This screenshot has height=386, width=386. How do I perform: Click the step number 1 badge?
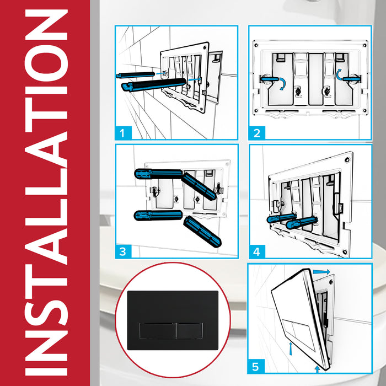point(125,132)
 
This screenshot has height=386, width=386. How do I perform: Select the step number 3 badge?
point(125,251)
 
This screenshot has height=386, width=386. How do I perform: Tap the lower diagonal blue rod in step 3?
point(201,231)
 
